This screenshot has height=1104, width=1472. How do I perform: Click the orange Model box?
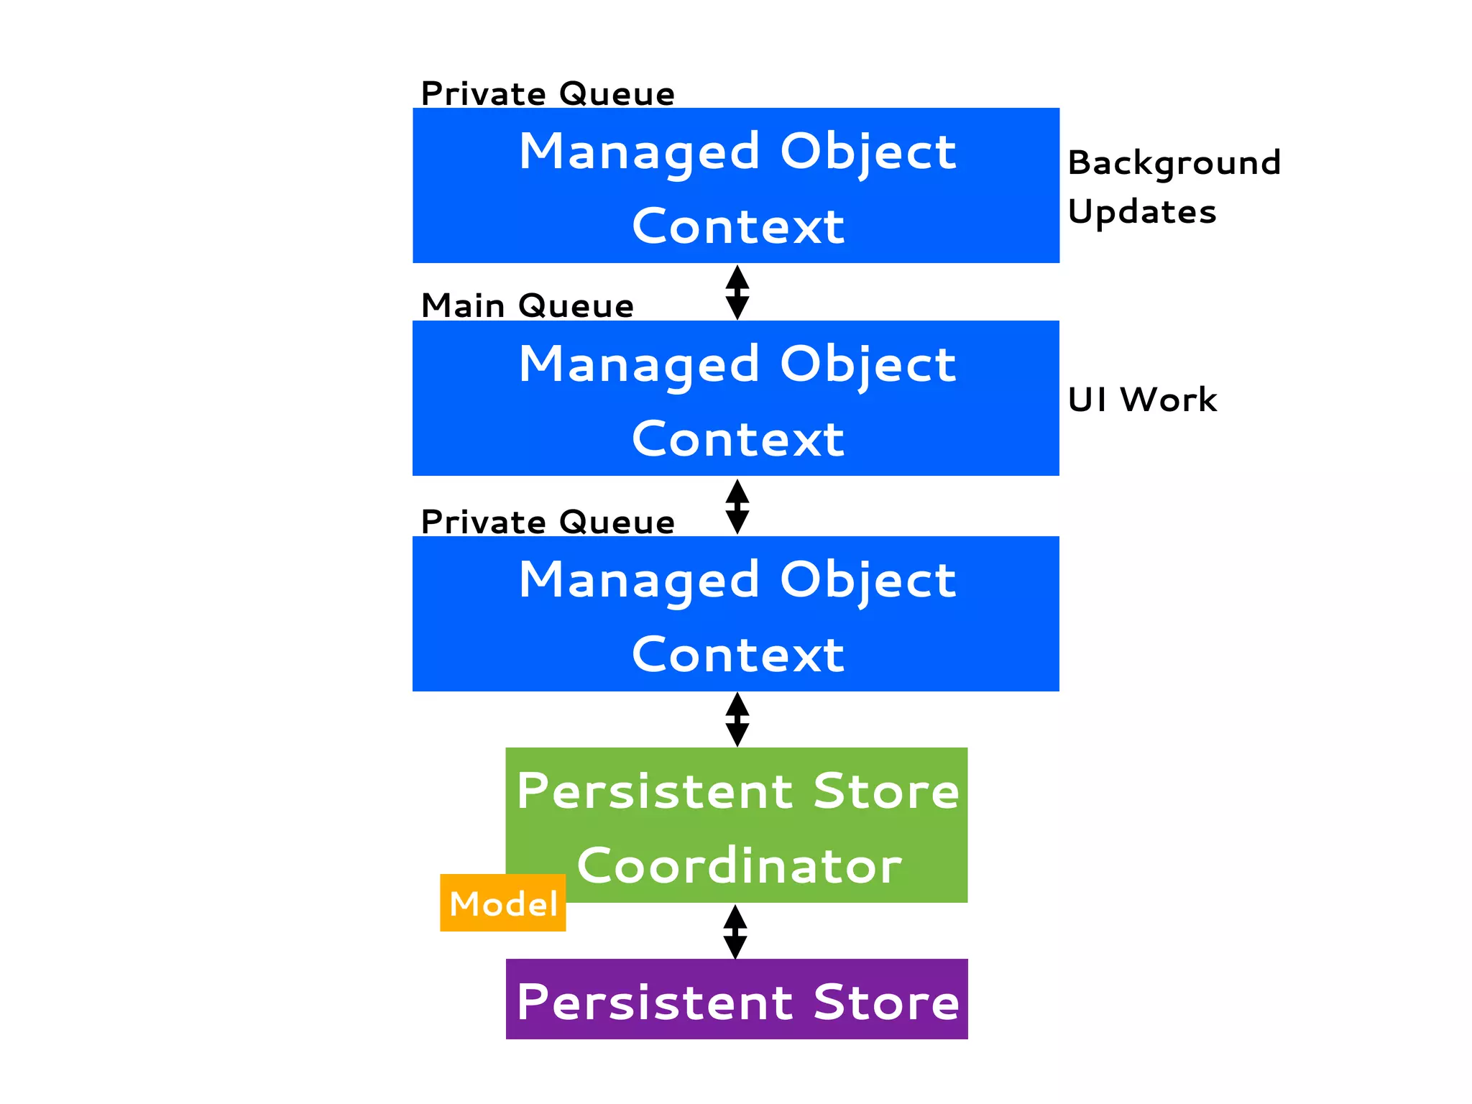coord(502,903)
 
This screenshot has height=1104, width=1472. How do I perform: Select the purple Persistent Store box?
coord(737,999)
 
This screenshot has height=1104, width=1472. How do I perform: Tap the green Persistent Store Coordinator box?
coord(737,824)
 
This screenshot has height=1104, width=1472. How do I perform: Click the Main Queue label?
coord(528,306)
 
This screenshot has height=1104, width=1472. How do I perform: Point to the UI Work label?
coord(1142,400)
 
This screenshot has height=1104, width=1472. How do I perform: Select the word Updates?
coord(1142,212)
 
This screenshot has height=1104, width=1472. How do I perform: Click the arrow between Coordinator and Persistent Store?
coord(735,931)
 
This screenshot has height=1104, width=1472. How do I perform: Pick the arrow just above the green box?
coord(737,719)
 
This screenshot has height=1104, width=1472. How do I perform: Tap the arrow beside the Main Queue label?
coord(737,293)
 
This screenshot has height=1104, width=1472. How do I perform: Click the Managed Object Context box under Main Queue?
coord(736,398)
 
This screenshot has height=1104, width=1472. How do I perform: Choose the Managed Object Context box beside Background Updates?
coord(736,185)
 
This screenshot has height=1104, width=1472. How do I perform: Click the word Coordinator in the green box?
coord(739,865)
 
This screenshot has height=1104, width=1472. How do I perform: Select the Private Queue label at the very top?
coord(548,94)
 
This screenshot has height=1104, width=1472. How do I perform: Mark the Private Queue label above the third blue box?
coord(548,523)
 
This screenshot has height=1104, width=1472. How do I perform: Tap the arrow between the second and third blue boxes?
coord(737,507)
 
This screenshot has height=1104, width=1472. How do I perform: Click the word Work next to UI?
coord(1169,400)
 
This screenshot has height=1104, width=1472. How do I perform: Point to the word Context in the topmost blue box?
coord(738,226)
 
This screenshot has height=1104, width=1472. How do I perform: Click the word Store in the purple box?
coord(886,1001)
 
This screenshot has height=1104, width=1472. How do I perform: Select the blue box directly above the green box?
coord(736,614)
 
